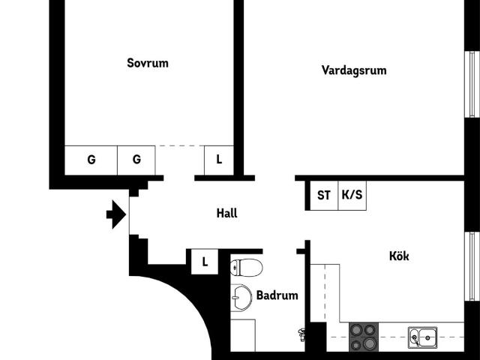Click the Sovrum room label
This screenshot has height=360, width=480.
coord(148,63)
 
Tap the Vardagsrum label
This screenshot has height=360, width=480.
coord(354,70)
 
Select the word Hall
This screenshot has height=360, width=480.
coord(226,213)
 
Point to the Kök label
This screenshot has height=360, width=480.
coord(399,256)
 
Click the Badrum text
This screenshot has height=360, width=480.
coord(277,295)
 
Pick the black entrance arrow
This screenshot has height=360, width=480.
coord(116,214)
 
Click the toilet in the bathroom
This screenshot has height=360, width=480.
coord(247,268)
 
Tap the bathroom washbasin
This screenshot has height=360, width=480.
coord(241,298)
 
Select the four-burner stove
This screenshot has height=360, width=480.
coord(364,337)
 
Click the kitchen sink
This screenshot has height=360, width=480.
coord(423,337)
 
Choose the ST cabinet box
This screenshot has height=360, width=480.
coord(324,195)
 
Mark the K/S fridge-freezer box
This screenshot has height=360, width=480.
coord(352,195)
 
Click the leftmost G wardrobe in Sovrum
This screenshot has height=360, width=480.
coord(91,160)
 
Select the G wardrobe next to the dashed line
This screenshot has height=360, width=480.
coord(136,160)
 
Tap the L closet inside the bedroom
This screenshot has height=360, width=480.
coord(219,160)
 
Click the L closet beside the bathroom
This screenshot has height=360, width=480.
coord(205,262)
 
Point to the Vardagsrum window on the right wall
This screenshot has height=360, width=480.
coord(472,84)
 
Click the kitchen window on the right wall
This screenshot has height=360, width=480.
coord(472,266)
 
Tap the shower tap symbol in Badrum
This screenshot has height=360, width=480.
coord(301,334)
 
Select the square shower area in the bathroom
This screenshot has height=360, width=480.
coord(243,335)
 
